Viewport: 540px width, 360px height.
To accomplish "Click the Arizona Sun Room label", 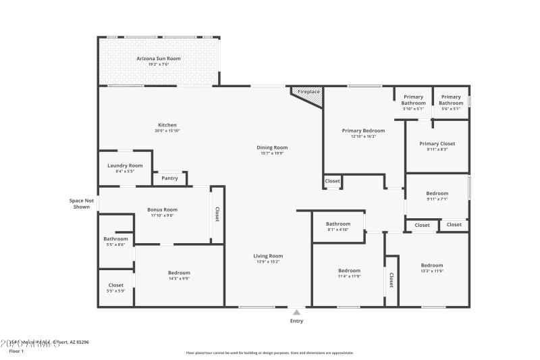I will point(159,59).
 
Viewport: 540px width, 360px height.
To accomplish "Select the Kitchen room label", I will point(167,125).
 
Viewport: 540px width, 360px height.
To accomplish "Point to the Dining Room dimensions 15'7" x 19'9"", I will point(272,153).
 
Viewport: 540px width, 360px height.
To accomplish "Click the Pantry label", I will point(169,178).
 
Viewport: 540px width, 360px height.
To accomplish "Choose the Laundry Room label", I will point(125,165).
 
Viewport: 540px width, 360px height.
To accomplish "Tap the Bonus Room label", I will point(162,209).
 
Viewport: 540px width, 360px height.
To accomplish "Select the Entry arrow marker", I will point(296,312).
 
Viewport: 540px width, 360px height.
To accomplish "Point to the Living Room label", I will point(268,256).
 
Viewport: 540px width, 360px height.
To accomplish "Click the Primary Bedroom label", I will point(363,130).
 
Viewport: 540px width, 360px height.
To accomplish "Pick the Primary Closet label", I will point(437,144).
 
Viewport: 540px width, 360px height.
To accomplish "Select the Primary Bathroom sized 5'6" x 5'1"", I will point(451,99).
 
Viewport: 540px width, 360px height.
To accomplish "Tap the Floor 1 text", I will point(16,351).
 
